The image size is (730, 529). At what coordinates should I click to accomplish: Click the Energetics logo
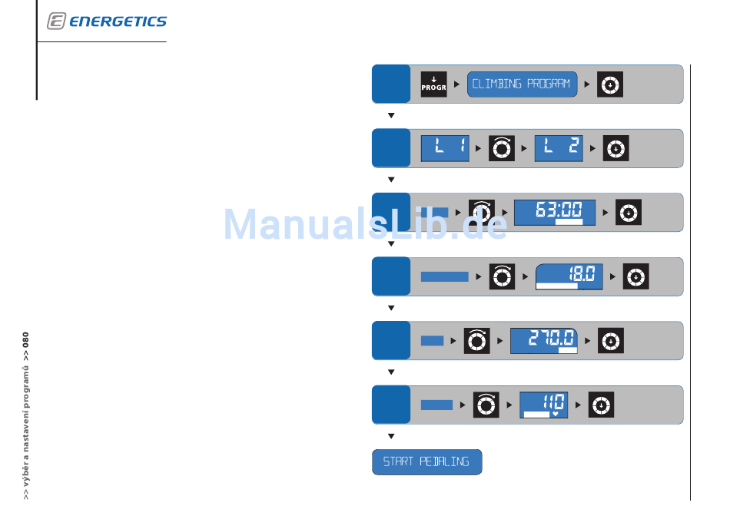[x=107, y=21]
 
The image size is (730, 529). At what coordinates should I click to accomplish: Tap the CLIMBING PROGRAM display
[x=522, y=84]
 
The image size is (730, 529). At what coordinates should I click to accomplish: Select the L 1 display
[x=445, y=148]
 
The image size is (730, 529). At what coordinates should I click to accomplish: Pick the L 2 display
[x=559, y=148]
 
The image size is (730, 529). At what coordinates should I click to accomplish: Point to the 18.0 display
[x=569, y=276]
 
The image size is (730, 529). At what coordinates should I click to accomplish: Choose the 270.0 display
[x=543, y=340]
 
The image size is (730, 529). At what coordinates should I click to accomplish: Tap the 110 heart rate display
[x=543, y=404]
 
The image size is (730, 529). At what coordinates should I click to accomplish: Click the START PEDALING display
[x=426, y=462]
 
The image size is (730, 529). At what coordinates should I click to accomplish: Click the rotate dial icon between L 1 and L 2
[x=502, y=148]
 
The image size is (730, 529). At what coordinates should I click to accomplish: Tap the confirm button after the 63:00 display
[x=629, y=212]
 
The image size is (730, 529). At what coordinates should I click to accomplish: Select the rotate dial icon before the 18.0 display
[x=502, y=276]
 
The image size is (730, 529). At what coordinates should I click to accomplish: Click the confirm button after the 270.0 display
[x=610, y=340]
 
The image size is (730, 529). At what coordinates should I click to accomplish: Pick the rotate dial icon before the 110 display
[x=485, y=405]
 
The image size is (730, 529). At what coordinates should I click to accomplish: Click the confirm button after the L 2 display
[x=616, y=148]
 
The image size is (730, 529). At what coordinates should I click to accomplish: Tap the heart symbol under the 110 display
[x=555, y=415]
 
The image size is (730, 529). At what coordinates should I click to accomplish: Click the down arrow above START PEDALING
[x=391, y=436]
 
